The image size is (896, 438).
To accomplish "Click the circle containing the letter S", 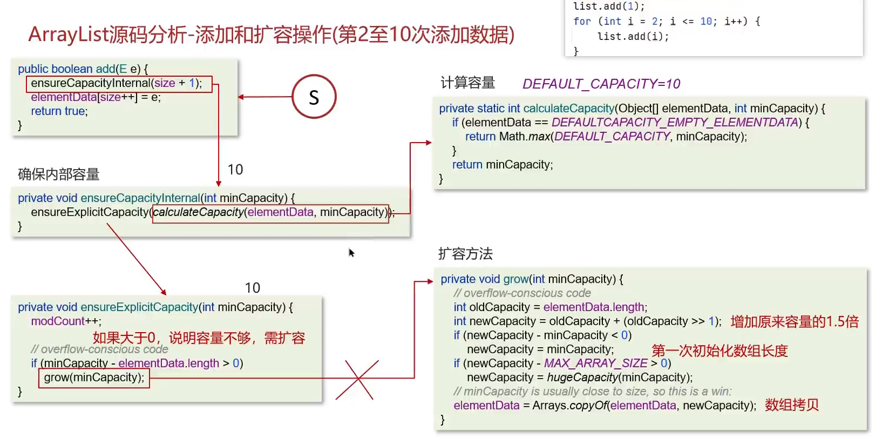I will tap(314, 97).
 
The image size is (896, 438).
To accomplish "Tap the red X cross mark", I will tap(357, 380).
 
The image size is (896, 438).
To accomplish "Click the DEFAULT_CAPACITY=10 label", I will tap(601, 84).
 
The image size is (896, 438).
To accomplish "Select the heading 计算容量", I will tap(467, 83).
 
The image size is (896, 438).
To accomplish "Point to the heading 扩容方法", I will tap(465, 254).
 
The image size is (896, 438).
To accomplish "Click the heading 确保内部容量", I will tap(58, 174).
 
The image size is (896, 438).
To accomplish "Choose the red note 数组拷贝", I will tap(791, 405).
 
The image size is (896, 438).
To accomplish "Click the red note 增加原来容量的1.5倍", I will tap(794, 322).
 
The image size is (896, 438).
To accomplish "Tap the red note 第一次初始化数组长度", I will tap(719, 351).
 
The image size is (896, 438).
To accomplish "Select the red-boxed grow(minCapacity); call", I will tap(94, 378).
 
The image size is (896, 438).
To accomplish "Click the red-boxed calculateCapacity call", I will tap(270, 212).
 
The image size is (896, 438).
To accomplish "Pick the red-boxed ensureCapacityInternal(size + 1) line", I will tap(119, 84).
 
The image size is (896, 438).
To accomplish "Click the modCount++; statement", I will tap(66, 321).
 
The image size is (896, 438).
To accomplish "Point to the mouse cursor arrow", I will tap(351, 252).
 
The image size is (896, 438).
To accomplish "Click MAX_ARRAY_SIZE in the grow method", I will tap(595, 363).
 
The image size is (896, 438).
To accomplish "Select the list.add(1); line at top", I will tap(608, 6).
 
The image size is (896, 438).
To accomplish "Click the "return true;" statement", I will tap(59, 111).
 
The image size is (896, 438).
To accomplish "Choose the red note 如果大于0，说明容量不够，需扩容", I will tap(199, 338).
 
